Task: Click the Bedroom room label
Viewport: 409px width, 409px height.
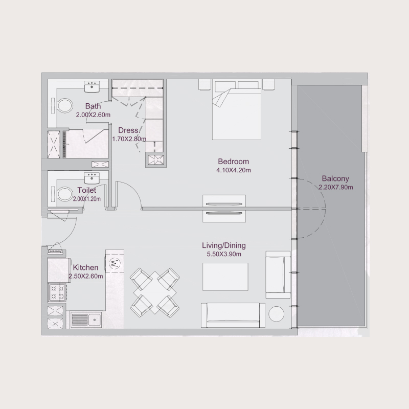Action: coord(233,162)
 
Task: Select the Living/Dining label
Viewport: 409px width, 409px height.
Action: coord(222,246)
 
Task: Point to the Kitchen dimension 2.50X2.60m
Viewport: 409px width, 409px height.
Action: coord(85,276)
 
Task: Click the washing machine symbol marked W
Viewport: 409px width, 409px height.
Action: coord(115,263)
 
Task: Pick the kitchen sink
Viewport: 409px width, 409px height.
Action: coord(87,320)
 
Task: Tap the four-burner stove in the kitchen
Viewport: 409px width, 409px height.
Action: coord(56,292)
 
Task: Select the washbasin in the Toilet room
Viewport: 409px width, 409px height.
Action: coord(92,178)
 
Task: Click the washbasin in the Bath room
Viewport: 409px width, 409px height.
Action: coord(92,86)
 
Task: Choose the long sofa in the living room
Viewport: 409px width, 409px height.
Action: coord(233,315)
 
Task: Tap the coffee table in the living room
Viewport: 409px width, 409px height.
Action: coord(225,276)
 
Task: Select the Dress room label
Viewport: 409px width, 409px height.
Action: coord(128,130)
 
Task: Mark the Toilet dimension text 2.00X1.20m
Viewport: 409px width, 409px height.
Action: coord(86,199)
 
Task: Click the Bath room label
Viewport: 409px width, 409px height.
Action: coord(93,106)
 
